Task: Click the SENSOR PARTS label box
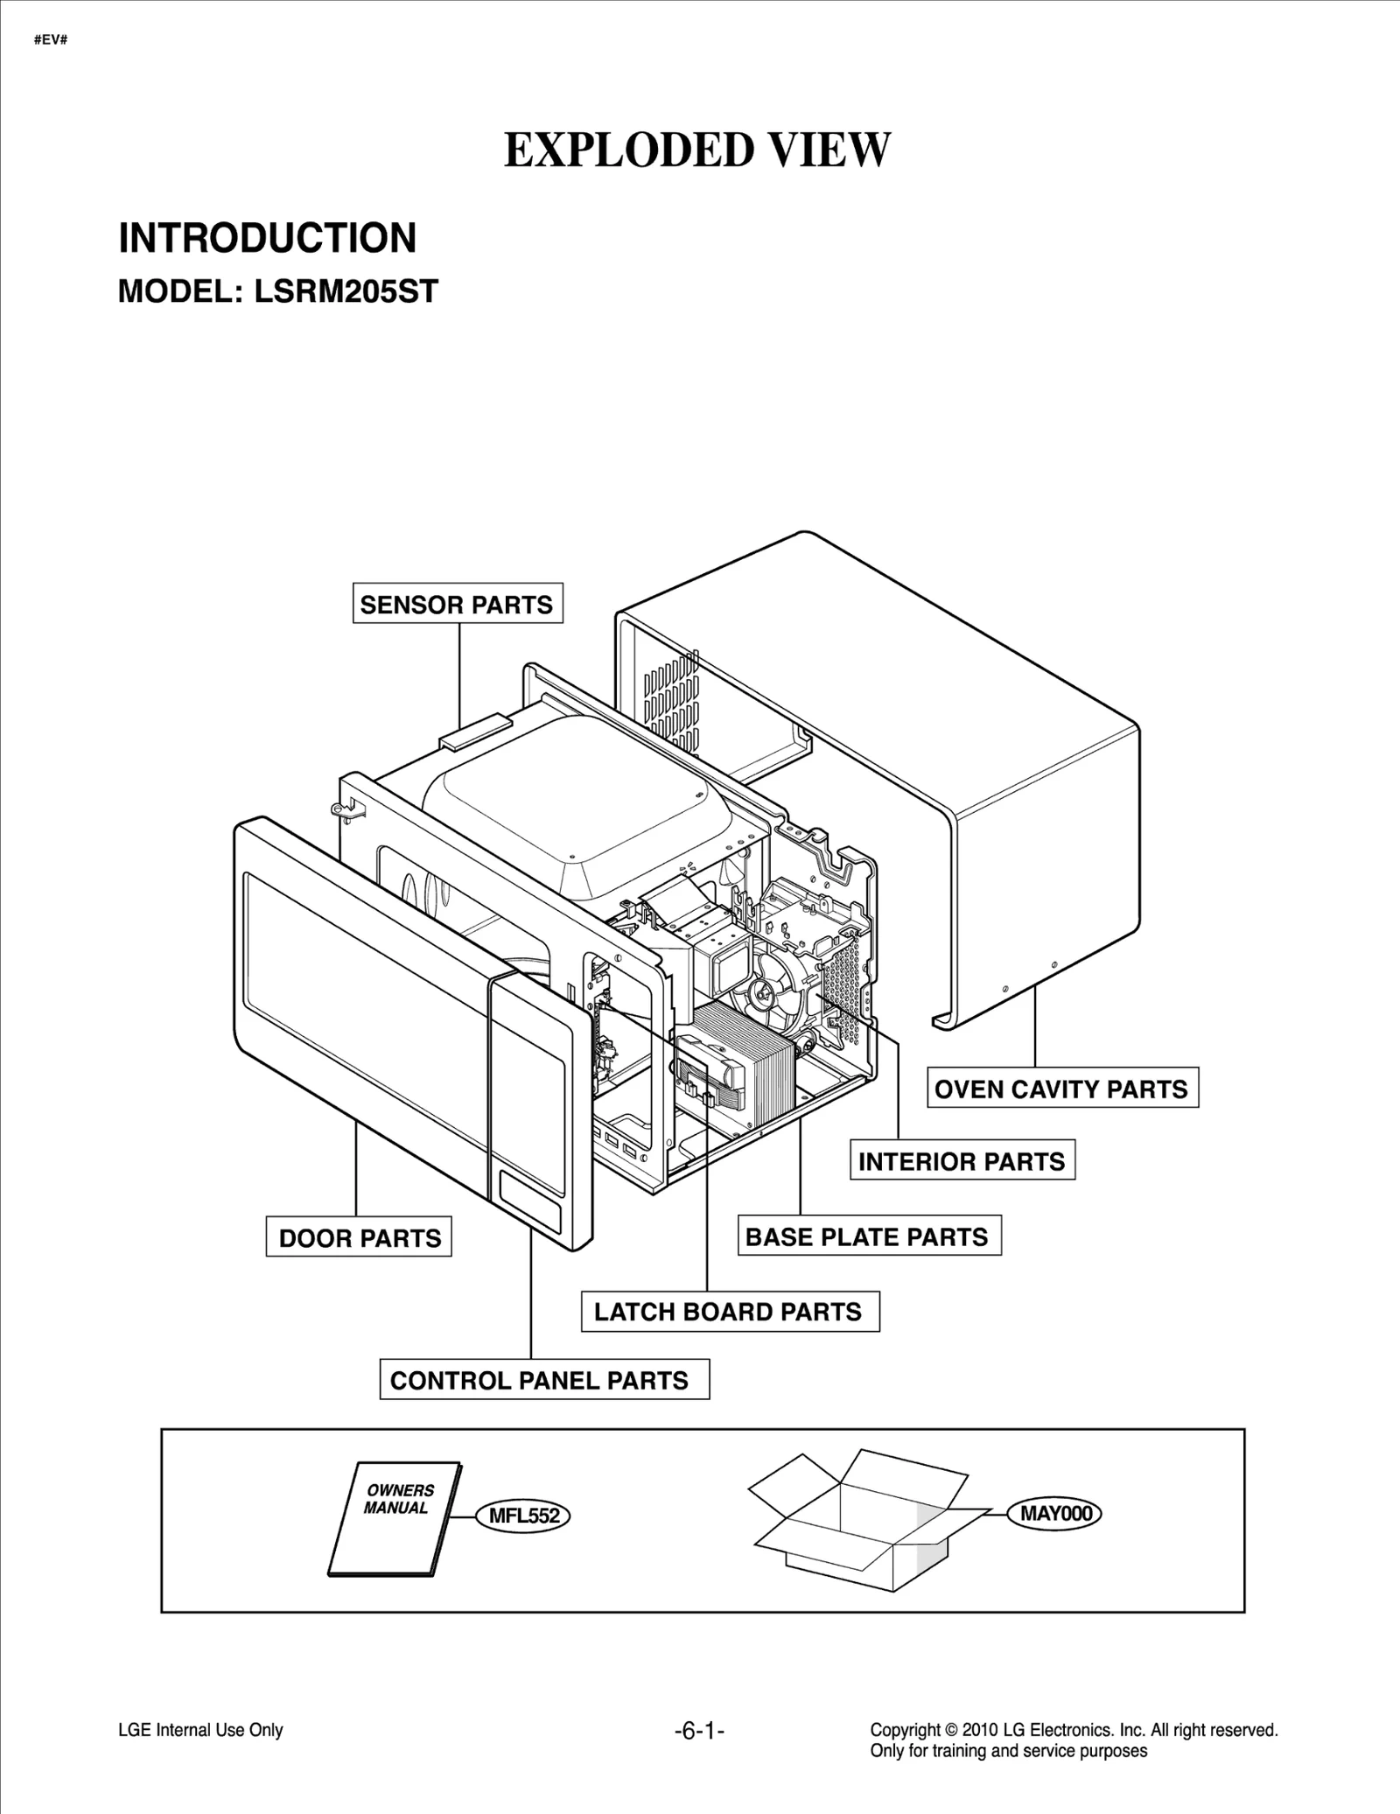(x=457, y=604)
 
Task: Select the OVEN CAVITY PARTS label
(x=1061, y=1089)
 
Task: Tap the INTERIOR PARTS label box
(x=962, y=1161)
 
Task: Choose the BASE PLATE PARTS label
(x=867, y=1236)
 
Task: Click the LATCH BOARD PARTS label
(x=729, y=1312)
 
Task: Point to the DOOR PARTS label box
(x=359, y=1237)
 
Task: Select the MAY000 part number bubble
(x=1054, y=1513)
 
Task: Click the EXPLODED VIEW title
(x=697, y=150)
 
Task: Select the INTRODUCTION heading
(x=268, y=238)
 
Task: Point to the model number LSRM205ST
(x=346, y=291)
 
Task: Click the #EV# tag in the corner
(x=51, y=40)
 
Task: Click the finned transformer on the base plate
(x=744, y=1063)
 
